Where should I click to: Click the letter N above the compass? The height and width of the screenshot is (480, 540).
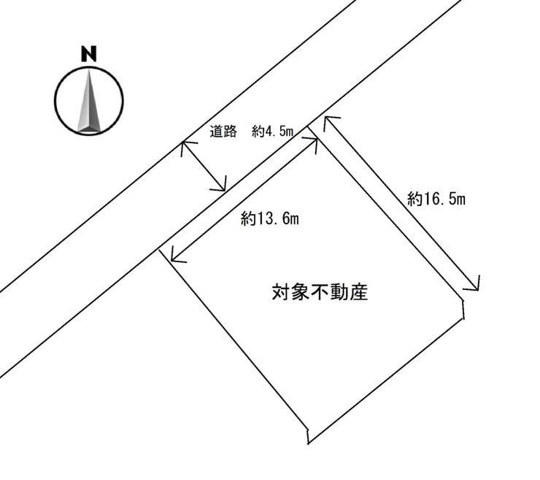tap(89, 53)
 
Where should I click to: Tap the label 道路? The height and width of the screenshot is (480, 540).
tap(224, 132)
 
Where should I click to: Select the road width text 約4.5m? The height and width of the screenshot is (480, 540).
tap(271, 132)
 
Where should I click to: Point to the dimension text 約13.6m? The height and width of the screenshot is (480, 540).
tap(271, 218)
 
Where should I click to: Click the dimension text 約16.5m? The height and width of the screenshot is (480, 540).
tap(436, 198)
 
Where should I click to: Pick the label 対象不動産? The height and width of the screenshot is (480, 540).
tap(319, 294)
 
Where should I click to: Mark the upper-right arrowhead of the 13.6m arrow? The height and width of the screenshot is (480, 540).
tap(316, 141)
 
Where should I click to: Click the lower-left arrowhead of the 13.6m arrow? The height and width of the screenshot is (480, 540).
tap(172, 257)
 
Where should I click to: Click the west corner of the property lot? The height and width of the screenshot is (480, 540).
tap(158, 251)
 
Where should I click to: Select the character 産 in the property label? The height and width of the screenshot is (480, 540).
tap(357, 294)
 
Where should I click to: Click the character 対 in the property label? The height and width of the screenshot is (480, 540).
tap(281, 294)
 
